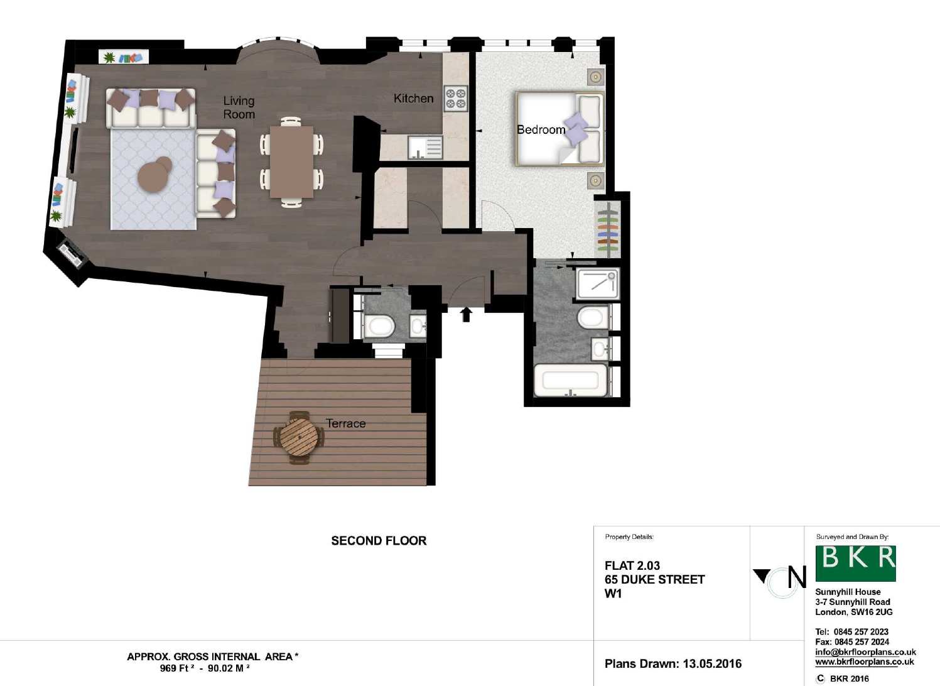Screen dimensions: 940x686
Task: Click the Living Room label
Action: click(x=239, y=107)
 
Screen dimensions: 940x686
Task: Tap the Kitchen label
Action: click(x=413, y=99)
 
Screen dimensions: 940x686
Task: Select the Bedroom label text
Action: click(x=541, y=130)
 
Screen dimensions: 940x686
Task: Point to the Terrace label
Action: click(x=346, y=423)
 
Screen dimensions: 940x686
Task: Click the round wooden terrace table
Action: click(x=300, y=437)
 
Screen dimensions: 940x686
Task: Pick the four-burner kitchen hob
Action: click(x=456, y=99)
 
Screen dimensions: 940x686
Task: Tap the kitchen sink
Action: click(x=425, y=148)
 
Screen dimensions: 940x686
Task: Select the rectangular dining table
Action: click(x=291, y=162)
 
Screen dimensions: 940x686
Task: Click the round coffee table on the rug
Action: click(x=155, y=174)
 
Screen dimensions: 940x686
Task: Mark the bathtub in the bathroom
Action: click(x=571, y=380)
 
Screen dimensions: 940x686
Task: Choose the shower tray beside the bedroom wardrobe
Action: click(x=598, y=283)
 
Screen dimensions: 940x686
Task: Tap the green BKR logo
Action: click(x=855, y=563)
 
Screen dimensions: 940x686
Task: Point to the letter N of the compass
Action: click(x=797, y=577)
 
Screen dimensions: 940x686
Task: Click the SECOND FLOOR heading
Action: click(x=379, y=541)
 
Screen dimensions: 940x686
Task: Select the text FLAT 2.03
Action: click(x=632, y=565)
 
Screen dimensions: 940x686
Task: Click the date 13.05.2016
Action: click(x=712, y=664)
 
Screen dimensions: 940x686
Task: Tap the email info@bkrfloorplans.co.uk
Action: click(x=865, y=652)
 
